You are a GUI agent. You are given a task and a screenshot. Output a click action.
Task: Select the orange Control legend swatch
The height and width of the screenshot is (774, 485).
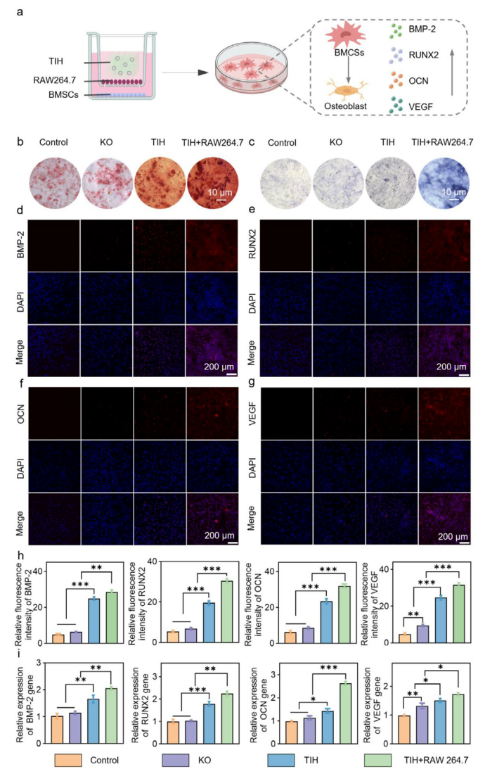pyautogui.click(x=75, y=760)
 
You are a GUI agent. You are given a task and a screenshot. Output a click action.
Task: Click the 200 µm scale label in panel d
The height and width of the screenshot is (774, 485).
pyautogui.click(x=214, y=367)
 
